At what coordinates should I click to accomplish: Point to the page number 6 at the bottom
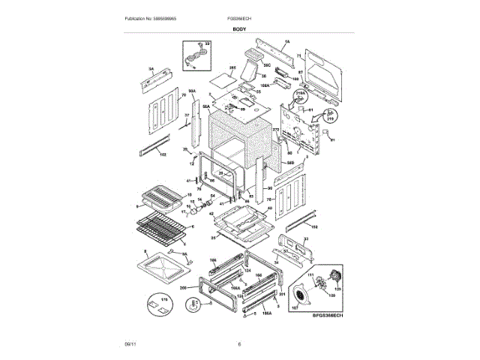pyautogui.click(x=239, y=344)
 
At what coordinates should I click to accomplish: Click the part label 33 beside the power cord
pyautogui.click(x=208, y=45)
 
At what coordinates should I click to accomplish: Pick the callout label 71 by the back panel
pyautogui.click(x=298, y=56)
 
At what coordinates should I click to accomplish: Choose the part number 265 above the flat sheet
pyautogui.click(x=232, y=68)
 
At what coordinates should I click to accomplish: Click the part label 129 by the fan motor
pyautogui.click(x=337, y=288)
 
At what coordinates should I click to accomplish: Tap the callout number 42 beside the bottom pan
pyautogui.click(x=212, y=214)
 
